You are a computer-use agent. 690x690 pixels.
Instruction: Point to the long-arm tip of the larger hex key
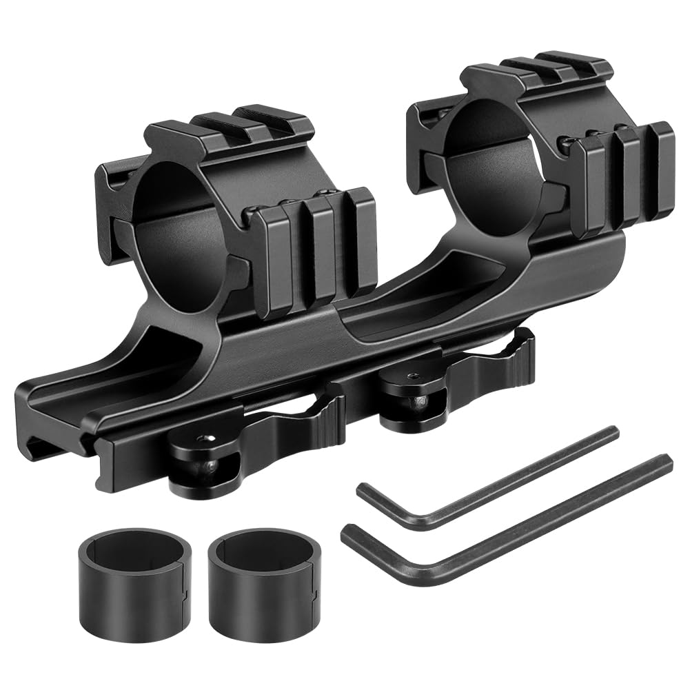pos(664,460)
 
